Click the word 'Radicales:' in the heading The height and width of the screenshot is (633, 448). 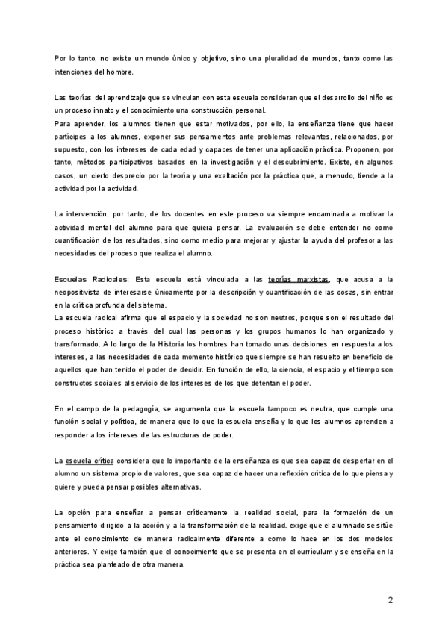tap(108, 278)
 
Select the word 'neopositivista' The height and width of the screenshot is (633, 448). tap(85, 292)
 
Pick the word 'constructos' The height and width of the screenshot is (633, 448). tap(78, 383)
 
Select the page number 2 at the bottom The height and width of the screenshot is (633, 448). tap(391, 601)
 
